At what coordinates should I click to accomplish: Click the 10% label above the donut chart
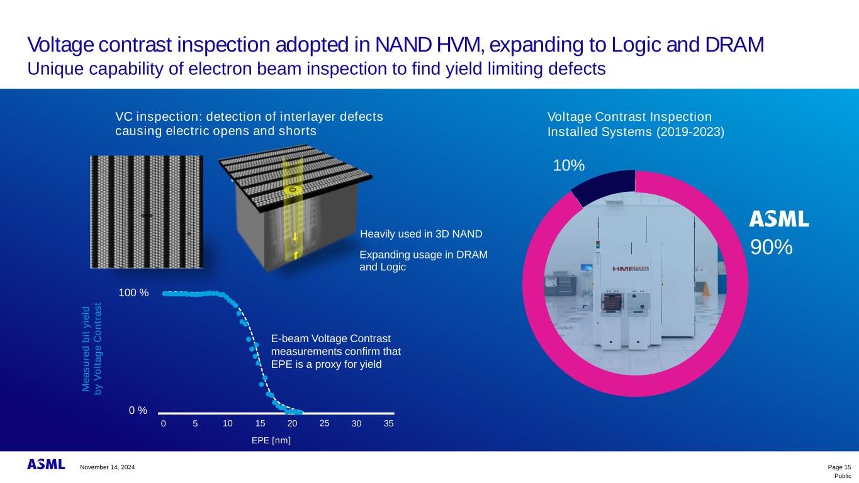pos(569,165)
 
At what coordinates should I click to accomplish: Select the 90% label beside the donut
pos(771,247)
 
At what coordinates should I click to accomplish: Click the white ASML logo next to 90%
pos(778,219)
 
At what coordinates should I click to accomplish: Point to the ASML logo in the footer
pos(46,464)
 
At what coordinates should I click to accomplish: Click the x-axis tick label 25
pos(324,423)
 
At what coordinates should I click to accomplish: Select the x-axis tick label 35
pos(388,424)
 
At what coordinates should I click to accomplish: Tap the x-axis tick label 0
pos(163,424)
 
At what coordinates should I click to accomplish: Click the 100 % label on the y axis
pos(133,293)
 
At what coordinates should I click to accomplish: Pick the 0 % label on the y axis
pos(138,411)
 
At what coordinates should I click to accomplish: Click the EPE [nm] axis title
pos(271,440)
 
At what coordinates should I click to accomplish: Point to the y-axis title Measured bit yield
pos(86,350)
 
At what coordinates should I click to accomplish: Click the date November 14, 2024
pos(107,467)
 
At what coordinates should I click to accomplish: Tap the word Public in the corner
pos(843,476)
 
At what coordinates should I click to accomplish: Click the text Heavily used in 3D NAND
pos(420,235)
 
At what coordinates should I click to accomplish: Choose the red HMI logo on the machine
pos(631,269)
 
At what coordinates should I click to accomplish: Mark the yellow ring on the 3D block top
pos(292,189)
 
